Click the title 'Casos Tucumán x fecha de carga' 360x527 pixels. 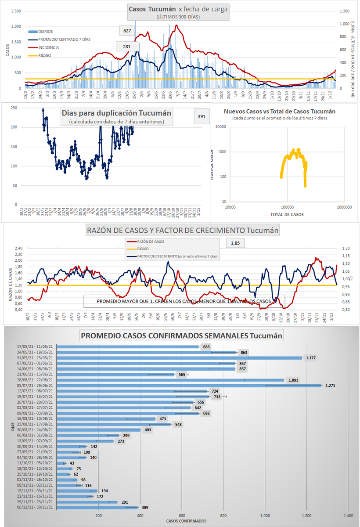(178, 9)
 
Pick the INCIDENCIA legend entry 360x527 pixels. (49, 47)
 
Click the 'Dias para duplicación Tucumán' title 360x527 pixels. (117, 113)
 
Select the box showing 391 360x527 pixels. (202, 117)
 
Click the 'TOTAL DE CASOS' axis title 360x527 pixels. (287, 214)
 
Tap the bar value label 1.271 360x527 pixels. (330, 386)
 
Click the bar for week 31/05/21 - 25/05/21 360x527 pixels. (180, 358)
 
